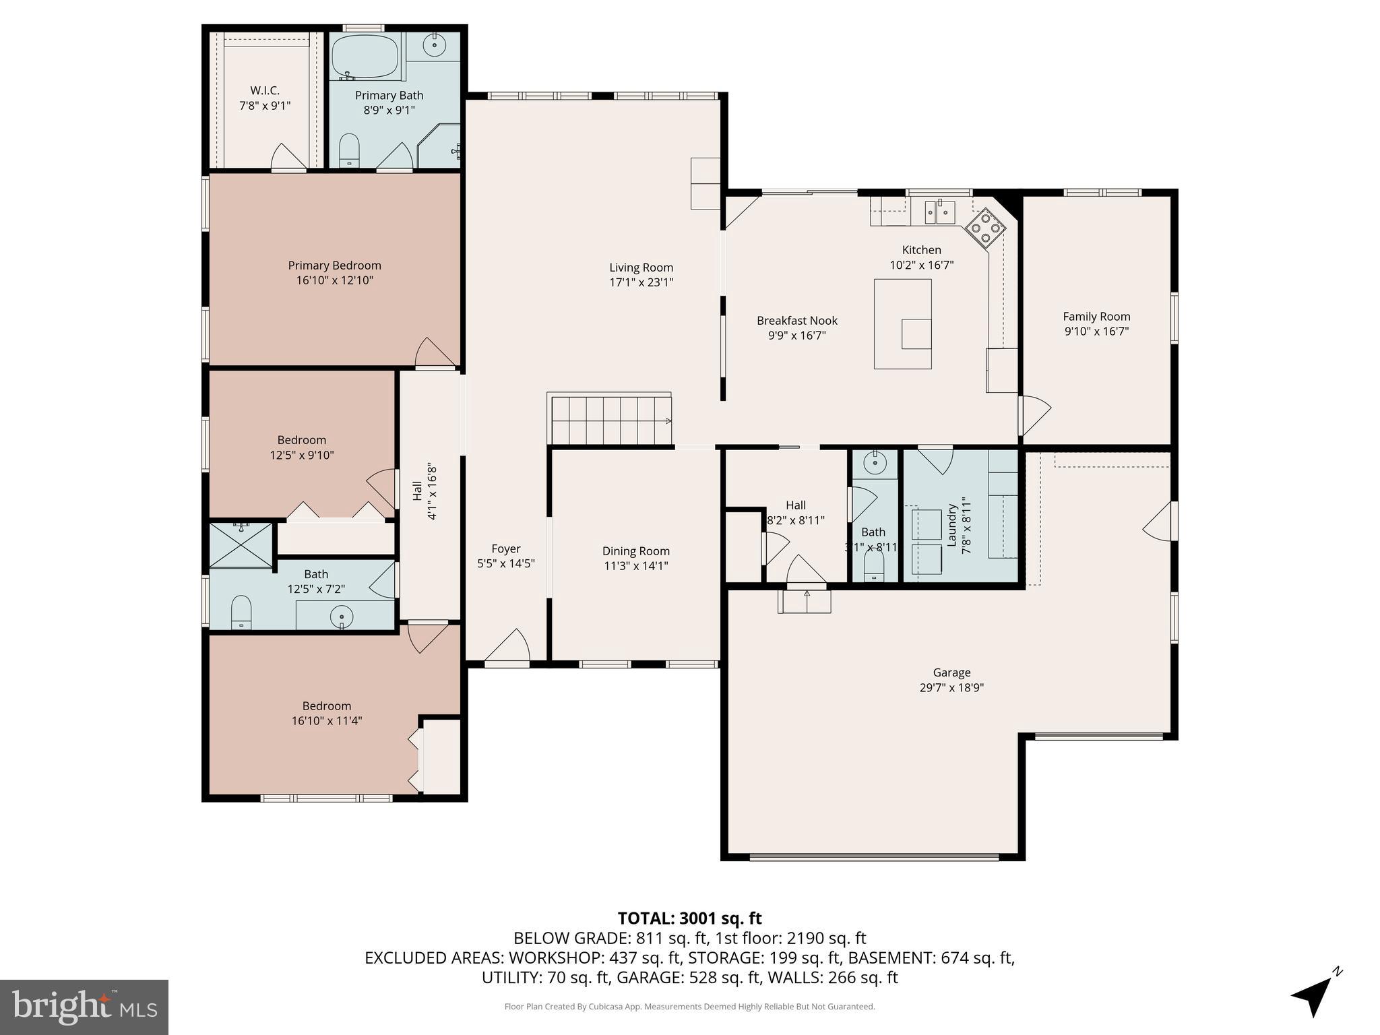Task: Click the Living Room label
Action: [641, 268]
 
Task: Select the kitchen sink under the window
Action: [939, 212]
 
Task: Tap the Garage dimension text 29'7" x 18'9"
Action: [951, 687]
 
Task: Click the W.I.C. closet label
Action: [265, 90]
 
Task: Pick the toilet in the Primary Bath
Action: [349, 150]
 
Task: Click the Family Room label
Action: [1096, 316]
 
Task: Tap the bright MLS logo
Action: [84, 1007]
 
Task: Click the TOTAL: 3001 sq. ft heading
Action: [689, 918]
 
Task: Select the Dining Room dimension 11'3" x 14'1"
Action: [635, 566]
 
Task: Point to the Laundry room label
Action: [952, 526]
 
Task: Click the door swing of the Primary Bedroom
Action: [434, 354]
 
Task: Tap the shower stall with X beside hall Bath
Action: [241, 544]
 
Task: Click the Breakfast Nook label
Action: [796, 321]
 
